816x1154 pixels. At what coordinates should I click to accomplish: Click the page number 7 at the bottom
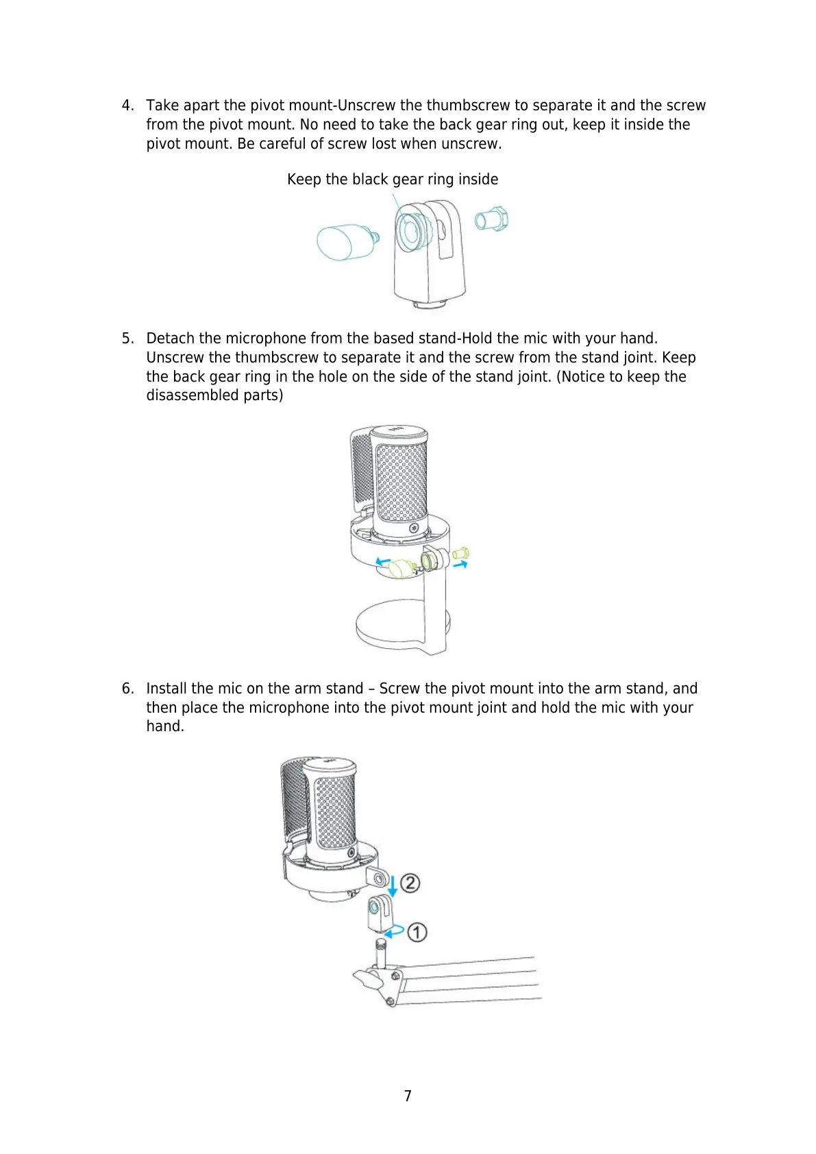(408, 1096)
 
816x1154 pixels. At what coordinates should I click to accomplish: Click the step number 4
(127, 106)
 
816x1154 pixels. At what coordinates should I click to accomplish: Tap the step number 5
(127, 339)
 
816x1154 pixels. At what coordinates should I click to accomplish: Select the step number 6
(127, 689)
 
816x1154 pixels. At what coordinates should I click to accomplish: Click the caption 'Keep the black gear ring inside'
(393, 180)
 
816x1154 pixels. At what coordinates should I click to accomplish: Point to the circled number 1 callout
(417, 932)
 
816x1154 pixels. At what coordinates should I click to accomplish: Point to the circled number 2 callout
(410, 883)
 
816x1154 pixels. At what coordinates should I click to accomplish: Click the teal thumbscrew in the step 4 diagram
(346, 241)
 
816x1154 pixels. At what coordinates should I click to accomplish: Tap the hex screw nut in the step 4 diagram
(492, 220)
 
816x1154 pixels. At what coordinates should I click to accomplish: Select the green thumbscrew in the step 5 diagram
(398, 567)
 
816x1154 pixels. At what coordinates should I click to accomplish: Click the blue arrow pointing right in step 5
(460, 565)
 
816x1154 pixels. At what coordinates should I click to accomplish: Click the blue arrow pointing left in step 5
(383, 561)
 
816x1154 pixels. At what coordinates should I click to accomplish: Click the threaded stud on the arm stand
(381, 954)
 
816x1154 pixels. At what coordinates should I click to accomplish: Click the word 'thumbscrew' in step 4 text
(468, 106)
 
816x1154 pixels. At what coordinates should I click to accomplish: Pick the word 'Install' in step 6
(166, 689)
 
